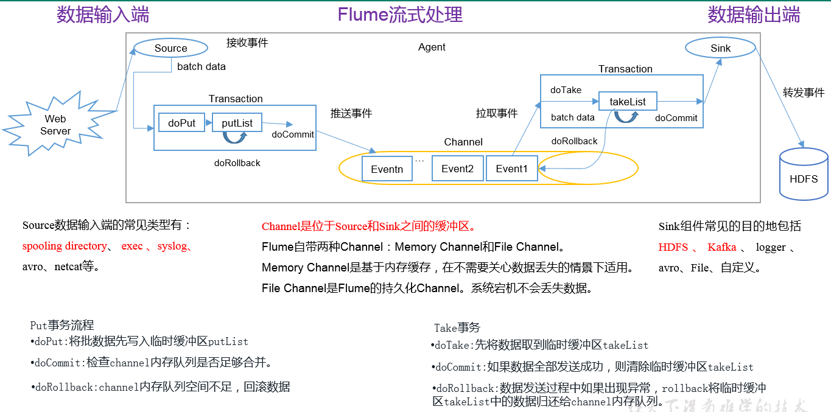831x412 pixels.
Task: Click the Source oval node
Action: pos(170,48)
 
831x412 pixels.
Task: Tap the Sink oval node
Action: pos(720,48)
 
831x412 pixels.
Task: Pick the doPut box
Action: pos(182,123)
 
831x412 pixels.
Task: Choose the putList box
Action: pos(236,123)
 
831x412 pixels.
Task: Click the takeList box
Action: pos(628,102)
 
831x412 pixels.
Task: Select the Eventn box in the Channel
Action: pos(387,169)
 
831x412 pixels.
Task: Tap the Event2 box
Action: pos(457,169)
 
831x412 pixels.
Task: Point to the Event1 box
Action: pos(511,169)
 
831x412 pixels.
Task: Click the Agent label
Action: pos(432,47)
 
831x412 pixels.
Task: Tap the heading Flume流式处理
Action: pos(400,15)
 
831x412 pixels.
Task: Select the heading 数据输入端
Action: pos(103,15)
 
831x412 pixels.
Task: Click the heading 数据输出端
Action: pos(754,15)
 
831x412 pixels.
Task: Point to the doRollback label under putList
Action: pos(237,163)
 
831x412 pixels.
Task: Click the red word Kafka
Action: pos(721,247)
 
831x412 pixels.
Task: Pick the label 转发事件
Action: pos(804,93)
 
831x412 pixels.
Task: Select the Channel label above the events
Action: pos(463,142)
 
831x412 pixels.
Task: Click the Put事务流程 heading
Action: pos(62,326)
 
